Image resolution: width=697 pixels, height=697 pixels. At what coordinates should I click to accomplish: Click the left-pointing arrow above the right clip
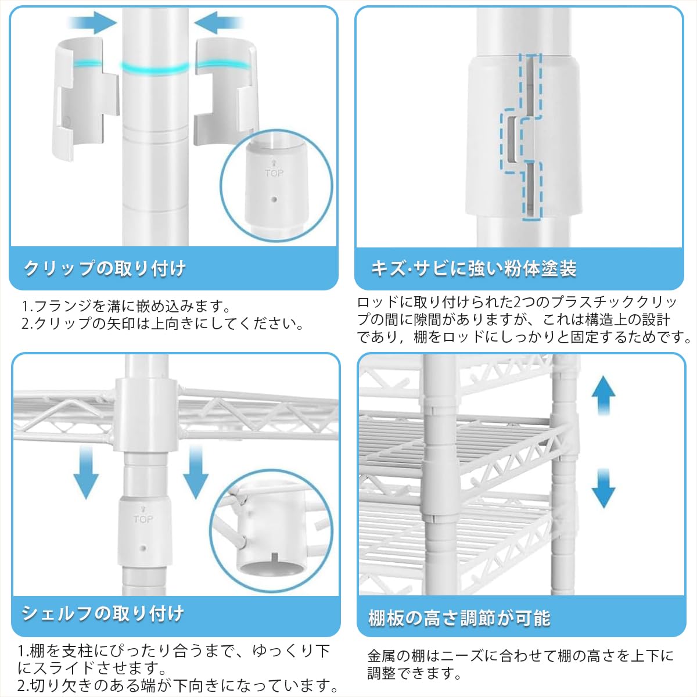219,23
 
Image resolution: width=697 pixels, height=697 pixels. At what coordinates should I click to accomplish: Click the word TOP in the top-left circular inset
274,173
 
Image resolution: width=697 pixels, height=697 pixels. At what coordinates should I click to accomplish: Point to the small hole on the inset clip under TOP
274,199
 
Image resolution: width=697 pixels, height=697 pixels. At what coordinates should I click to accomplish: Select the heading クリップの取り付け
105,268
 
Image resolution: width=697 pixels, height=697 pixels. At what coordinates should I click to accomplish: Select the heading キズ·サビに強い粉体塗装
474,268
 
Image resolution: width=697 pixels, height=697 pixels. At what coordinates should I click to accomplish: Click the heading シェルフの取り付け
103,613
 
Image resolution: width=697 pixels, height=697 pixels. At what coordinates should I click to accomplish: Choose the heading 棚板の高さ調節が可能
459,618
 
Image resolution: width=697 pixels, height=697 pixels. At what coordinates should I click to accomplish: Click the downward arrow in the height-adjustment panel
603,488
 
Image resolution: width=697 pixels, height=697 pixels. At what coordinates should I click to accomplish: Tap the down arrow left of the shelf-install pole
86,472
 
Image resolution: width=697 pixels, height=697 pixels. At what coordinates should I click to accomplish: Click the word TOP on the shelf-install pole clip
143,519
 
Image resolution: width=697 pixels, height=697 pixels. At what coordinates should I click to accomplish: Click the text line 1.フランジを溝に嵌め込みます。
127,307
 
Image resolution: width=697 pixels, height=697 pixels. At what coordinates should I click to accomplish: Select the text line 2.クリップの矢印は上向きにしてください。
163,324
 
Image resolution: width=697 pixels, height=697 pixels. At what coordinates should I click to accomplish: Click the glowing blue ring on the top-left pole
156,67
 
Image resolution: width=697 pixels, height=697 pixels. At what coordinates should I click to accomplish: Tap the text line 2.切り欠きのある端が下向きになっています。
177,685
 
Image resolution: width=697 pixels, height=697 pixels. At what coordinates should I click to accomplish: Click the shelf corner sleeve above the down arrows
146,415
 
